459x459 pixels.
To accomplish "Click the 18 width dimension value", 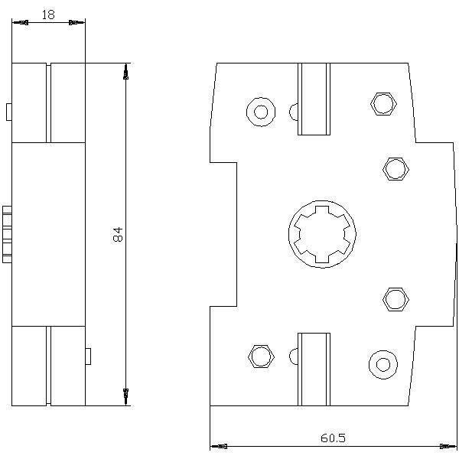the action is pos(48,15).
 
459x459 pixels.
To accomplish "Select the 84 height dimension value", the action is pos(118,234).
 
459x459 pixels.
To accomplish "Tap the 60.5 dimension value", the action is pos(333,438).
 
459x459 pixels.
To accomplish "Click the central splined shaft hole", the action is pos(322,234).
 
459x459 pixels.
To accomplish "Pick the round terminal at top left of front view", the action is pos(261,112).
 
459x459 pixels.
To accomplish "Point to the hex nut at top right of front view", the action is pos(383,103).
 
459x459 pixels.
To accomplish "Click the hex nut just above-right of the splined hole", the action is pos(396,169).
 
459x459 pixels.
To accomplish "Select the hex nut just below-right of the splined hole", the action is pos(396,299).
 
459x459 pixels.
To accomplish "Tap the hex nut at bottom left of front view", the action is pos(261,356).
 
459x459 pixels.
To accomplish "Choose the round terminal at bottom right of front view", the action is pos(383,365).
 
